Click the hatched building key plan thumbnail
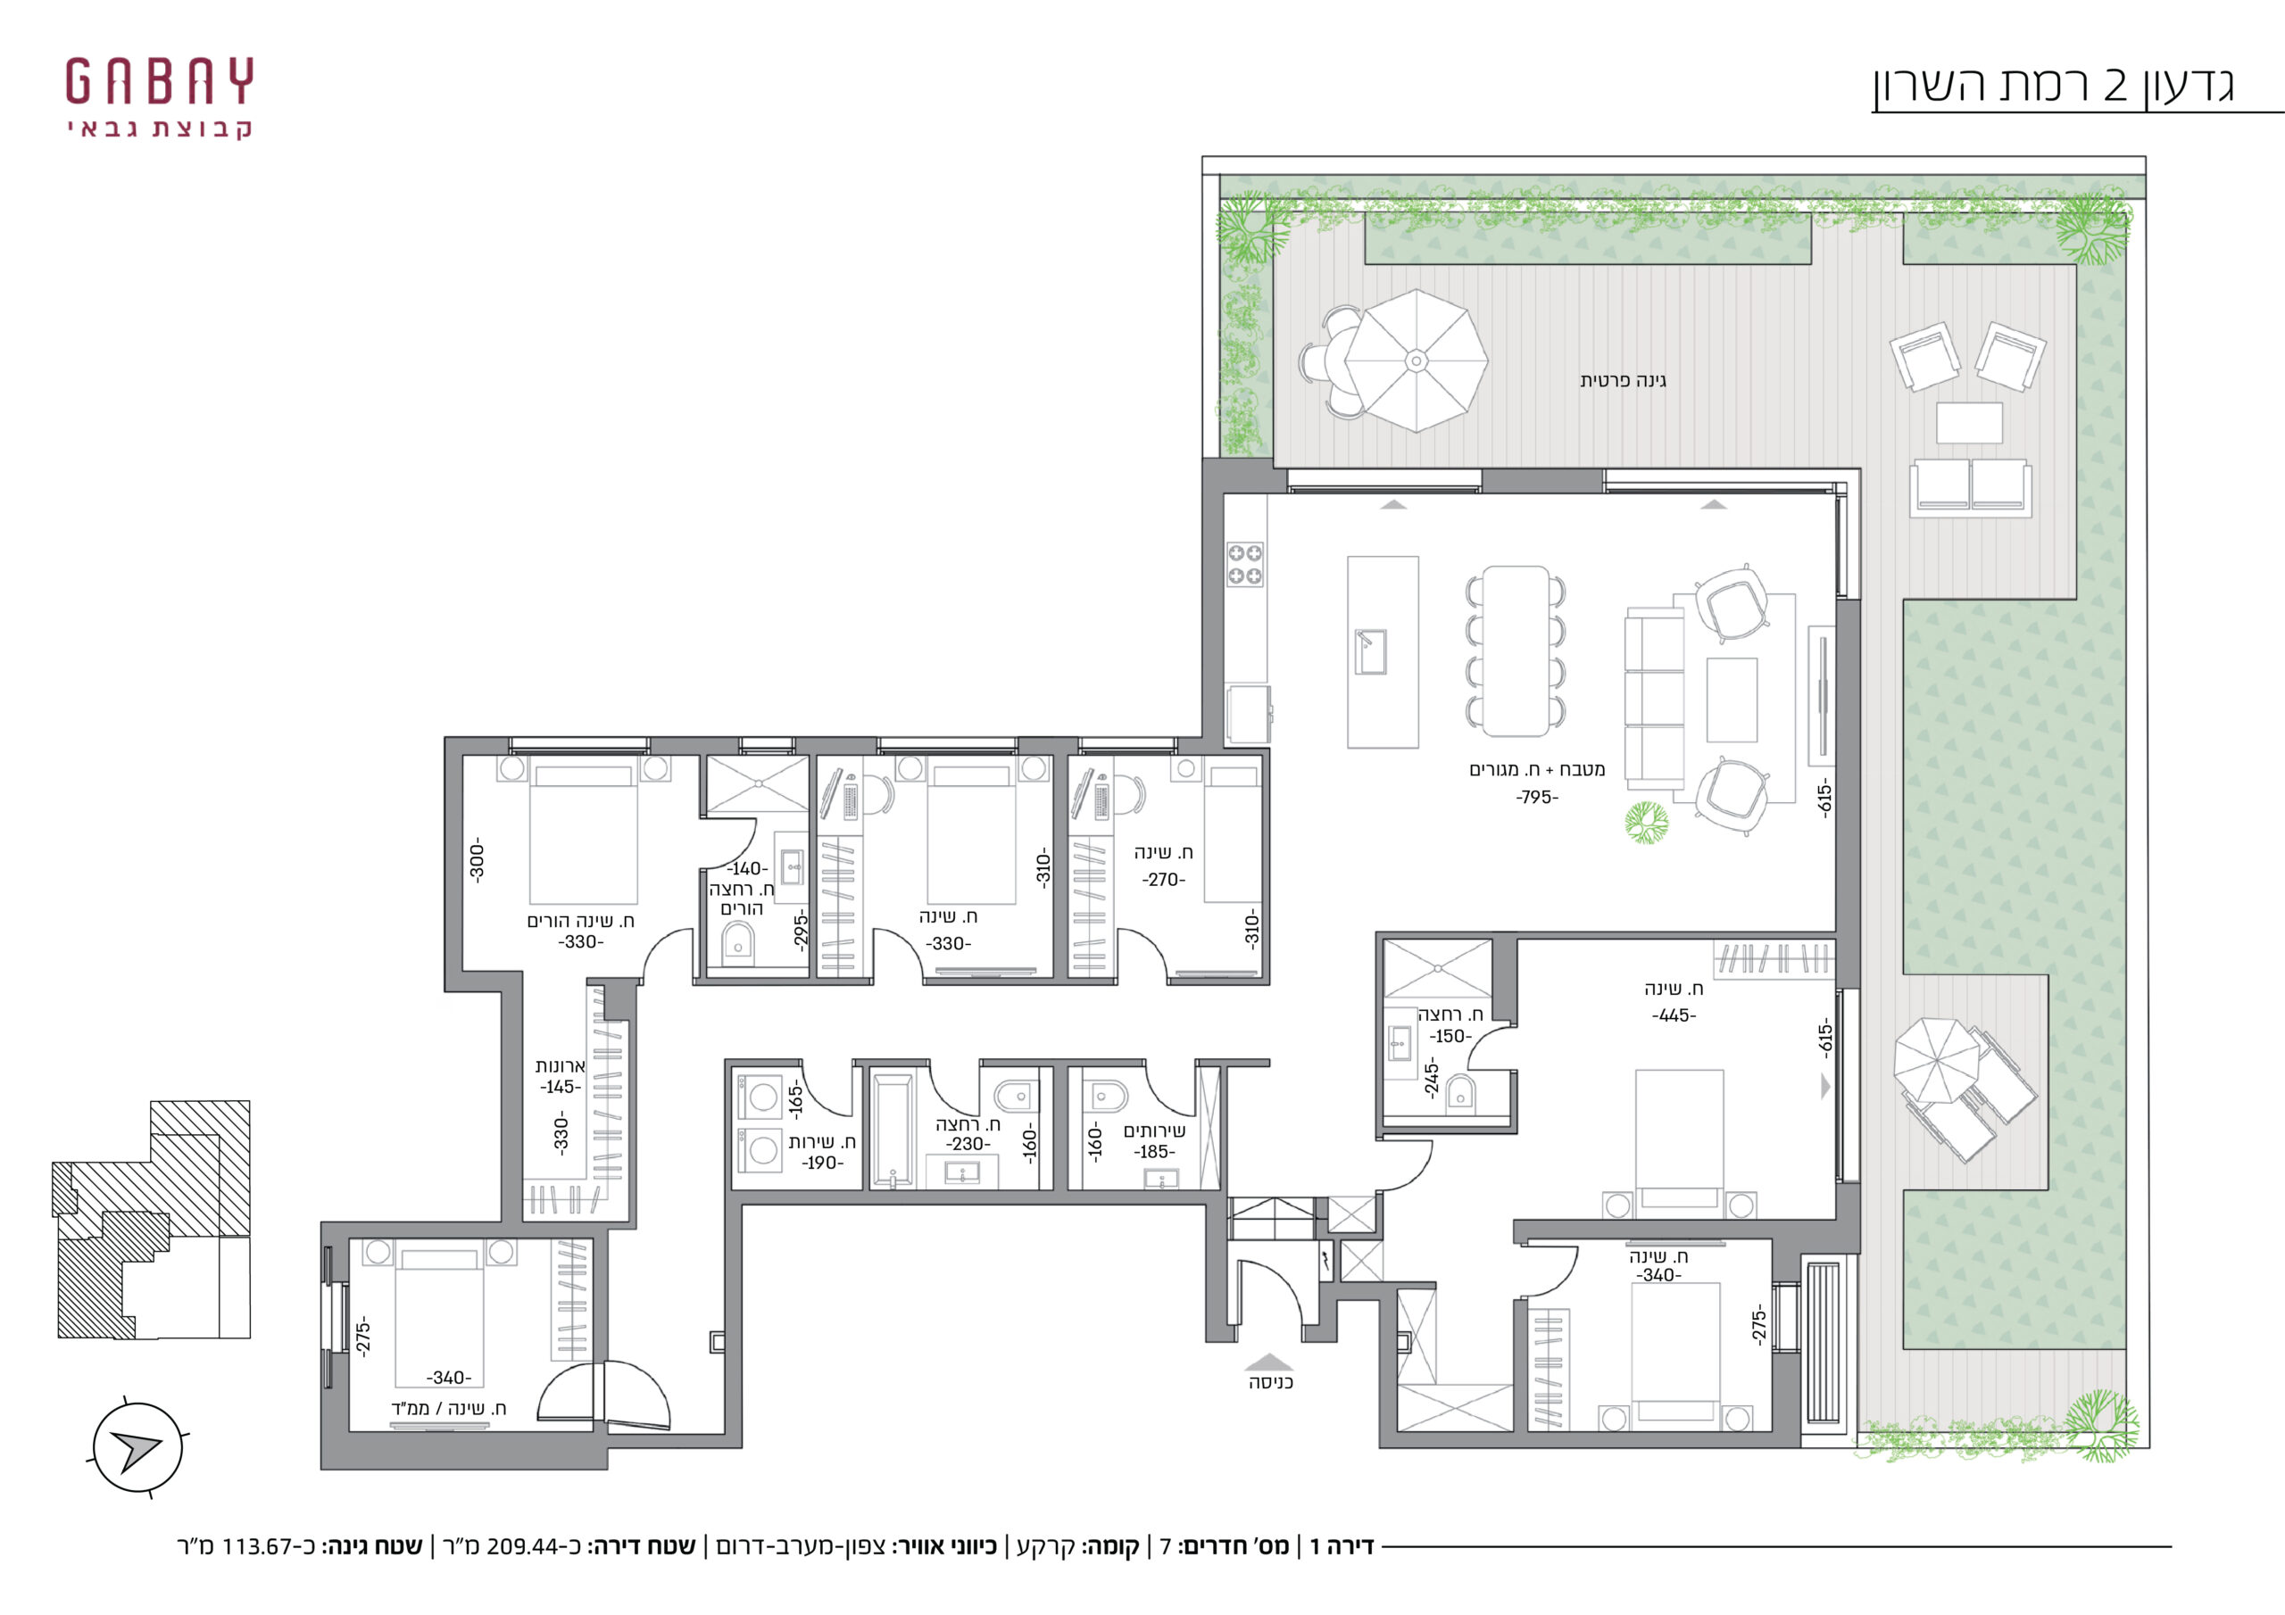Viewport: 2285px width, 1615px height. [151, 1220]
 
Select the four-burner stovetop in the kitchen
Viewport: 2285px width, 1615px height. [1244, 564]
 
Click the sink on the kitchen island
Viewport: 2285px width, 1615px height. [1371, 651]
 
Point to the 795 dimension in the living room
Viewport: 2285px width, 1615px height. [1537, 797]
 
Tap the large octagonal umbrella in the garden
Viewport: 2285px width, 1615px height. [1417, 360]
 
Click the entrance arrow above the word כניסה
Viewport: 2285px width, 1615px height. [1270, 1362]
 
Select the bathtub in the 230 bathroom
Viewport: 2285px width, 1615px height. [892, 1131]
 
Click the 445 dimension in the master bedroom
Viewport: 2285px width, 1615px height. [1674, 1016]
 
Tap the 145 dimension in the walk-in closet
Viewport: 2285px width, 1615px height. [561, 1087]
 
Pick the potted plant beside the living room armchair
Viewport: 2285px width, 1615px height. [1647, 823]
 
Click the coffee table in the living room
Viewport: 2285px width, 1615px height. [1732, 700]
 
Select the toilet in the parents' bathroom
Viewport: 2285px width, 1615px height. [737, 943]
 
